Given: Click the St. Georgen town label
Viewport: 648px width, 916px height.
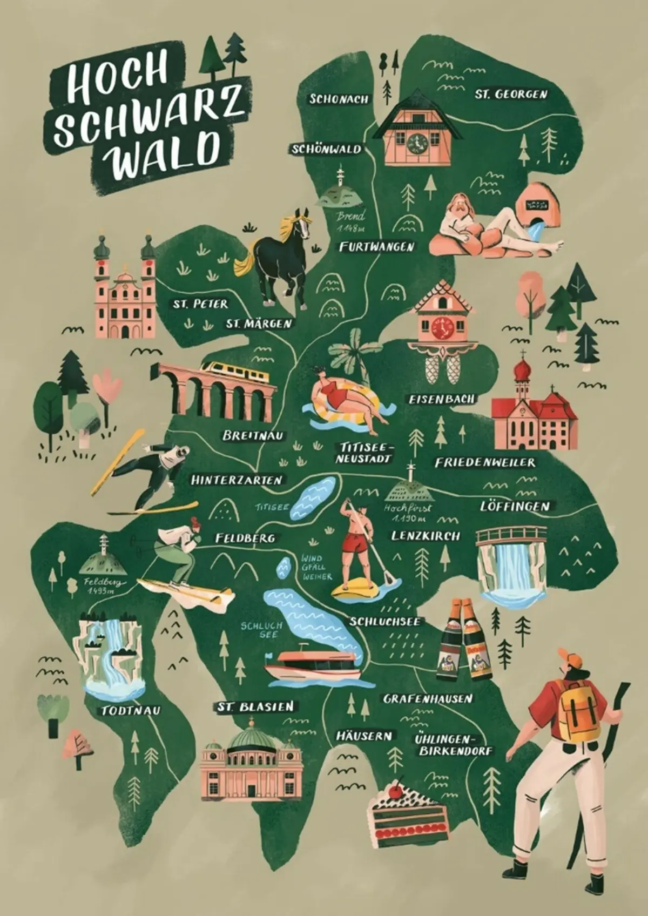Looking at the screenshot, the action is pyautogui.click(x=511, y=94).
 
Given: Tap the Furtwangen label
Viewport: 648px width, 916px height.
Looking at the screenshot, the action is pyautogui.click(x=377, y=247).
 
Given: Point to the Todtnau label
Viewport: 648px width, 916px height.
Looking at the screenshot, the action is pyautogui.click(x=131, y=711).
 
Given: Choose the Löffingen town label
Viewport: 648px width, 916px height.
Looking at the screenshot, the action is pyautogui.click(x=515, y=506).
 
